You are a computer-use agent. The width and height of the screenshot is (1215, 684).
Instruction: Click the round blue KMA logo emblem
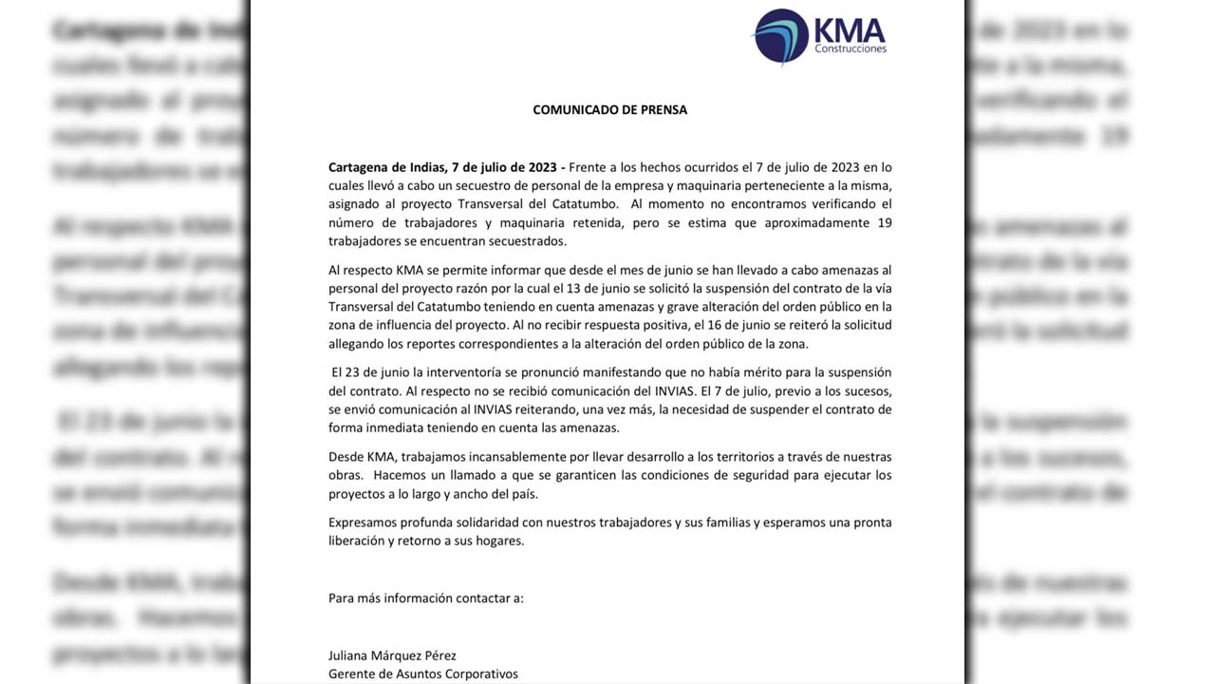pos(780,36)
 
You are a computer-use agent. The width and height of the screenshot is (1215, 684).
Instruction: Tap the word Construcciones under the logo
pos(850,48)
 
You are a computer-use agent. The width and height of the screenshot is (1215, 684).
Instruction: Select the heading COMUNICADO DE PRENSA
pos(609,110)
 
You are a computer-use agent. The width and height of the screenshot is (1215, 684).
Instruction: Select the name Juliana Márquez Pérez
pos(392,655)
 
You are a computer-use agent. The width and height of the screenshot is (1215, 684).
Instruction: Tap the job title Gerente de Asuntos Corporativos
pos(423,674)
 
